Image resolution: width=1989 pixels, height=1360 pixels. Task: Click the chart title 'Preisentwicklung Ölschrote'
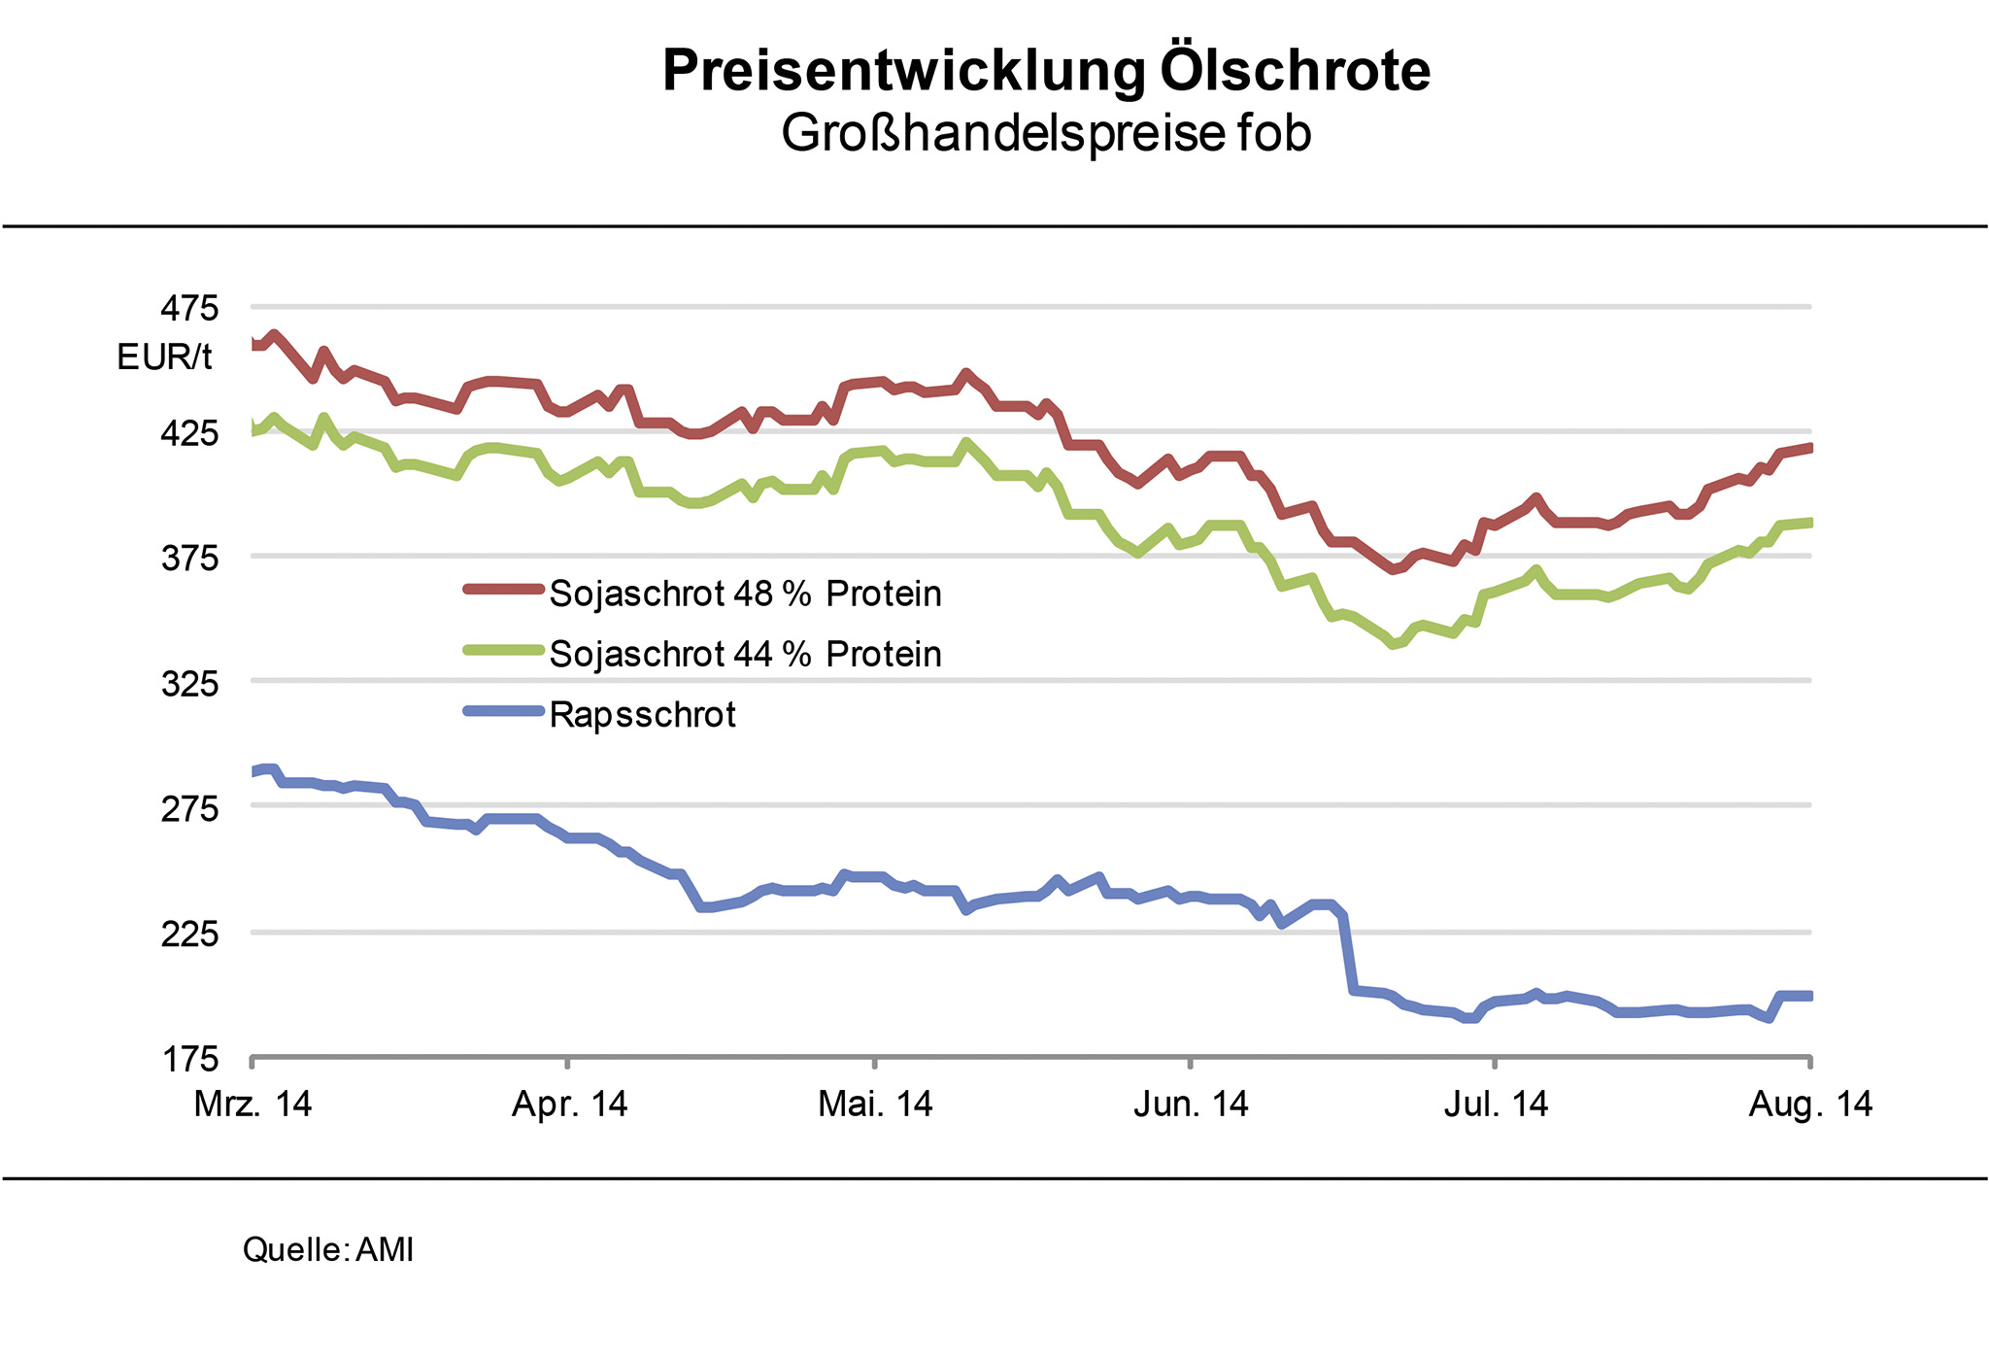tap(1046, 71)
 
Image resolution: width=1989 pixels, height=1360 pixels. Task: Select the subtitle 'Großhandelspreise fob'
tap(1046, 133)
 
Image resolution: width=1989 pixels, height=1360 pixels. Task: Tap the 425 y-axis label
tap(190, 433)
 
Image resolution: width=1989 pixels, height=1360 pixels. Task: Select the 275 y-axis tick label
tap(190, 808)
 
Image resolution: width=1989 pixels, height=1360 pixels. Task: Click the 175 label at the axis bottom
tap(190, 1059)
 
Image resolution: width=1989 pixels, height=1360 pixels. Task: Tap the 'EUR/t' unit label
tap(164, 357)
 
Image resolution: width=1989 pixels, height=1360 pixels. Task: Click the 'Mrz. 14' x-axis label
tap(253, 1105)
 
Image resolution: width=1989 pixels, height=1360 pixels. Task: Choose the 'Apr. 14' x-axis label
tap(569, 1105)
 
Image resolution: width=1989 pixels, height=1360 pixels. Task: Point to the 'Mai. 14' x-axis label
tap(875, 1105)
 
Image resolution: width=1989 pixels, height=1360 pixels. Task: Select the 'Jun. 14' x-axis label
tap(1191, 1105)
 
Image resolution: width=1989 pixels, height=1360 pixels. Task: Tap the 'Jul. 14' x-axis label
tap(1496, 1105)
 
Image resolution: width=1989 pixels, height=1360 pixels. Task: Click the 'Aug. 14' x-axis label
tap(1810, 1105)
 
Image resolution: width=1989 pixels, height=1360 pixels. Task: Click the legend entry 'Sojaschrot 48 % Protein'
tap(745, 594)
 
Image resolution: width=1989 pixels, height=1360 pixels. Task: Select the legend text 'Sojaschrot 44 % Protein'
tap(745, 654)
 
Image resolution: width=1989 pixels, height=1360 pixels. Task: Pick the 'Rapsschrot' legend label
tap(642, 715)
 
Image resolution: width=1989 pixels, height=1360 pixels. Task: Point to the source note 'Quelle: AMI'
tap(328, 1249)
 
